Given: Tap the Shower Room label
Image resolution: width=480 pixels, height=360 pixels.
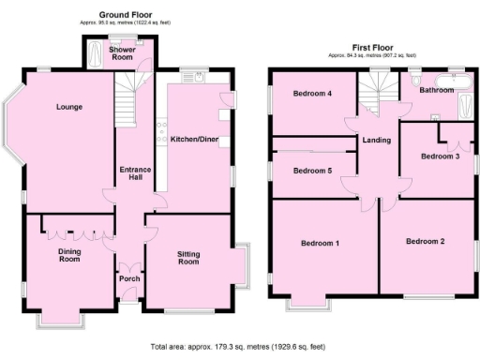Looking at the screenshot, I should point(122,53).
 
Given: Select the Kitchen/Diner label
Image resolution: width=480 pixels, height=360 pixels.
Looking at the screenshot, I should point(194,140).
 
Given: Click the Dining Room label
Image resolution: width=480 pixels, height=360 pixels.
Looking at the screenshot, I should point(70,256).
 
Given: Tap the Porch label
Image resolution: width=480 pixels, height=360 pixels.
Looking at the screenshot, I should point(129,278).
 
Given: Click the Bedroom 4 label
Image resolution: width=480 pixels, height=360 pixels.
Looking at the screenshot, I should point(311,94).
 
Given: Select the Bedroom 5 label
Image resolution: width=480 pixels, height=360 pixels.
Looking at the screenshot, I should point(311,172).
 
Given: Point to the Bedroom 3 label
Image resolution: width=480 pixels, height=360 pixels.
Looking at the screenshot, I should point(440,157).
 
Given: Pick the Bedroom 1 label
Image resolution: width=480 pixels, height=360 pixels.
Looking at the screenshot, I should point(320,244).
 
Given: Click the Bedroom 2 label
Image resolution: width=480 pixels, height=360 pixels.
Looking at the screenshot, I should point(425,242).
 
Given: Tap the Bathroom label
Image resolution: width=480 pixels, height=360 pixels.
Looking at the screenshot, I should point(436,91).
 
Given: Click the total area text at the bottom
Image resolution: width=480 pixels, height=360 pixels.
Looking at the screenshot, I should point(238,346).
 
